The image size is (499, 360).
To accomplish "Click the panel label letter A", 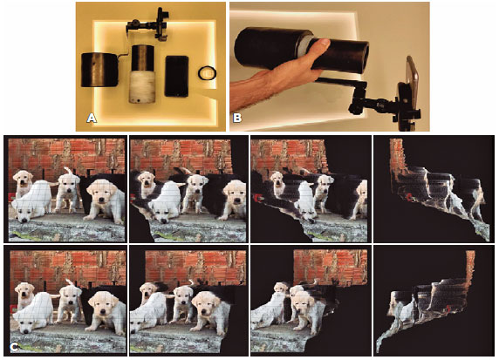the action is (x=92, y=119).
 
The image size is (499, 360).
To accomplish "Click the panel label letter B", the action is (x=237, y=119).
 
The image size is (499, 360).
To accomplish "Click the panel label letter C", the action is (x=14, y=348).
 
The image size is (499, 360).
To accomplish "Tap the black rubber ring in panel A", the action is (x=207, y=73).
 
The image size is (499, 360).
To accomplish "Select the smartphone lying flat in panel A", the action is (x=176, y=76).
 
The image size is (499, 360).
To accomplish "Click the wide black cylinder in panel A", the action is (x=99, y=70).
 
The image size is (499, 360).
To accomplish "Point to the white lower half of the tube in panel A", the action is (x=142, y=86).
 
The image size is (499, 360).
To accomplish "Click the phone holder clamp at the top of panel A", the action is (x=161, y=24).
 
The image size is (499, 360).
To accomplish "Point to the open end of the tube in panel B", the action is (x=365, y=58).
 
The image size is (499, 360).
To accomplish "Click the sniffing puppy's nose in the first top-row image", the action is (x=24, y=220).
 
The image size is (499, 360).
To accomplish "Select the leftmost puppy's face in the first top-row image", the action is (x=24, y=179).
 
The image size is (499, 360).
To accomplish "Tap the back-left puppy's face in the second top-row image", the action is (x=147, y=180).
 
